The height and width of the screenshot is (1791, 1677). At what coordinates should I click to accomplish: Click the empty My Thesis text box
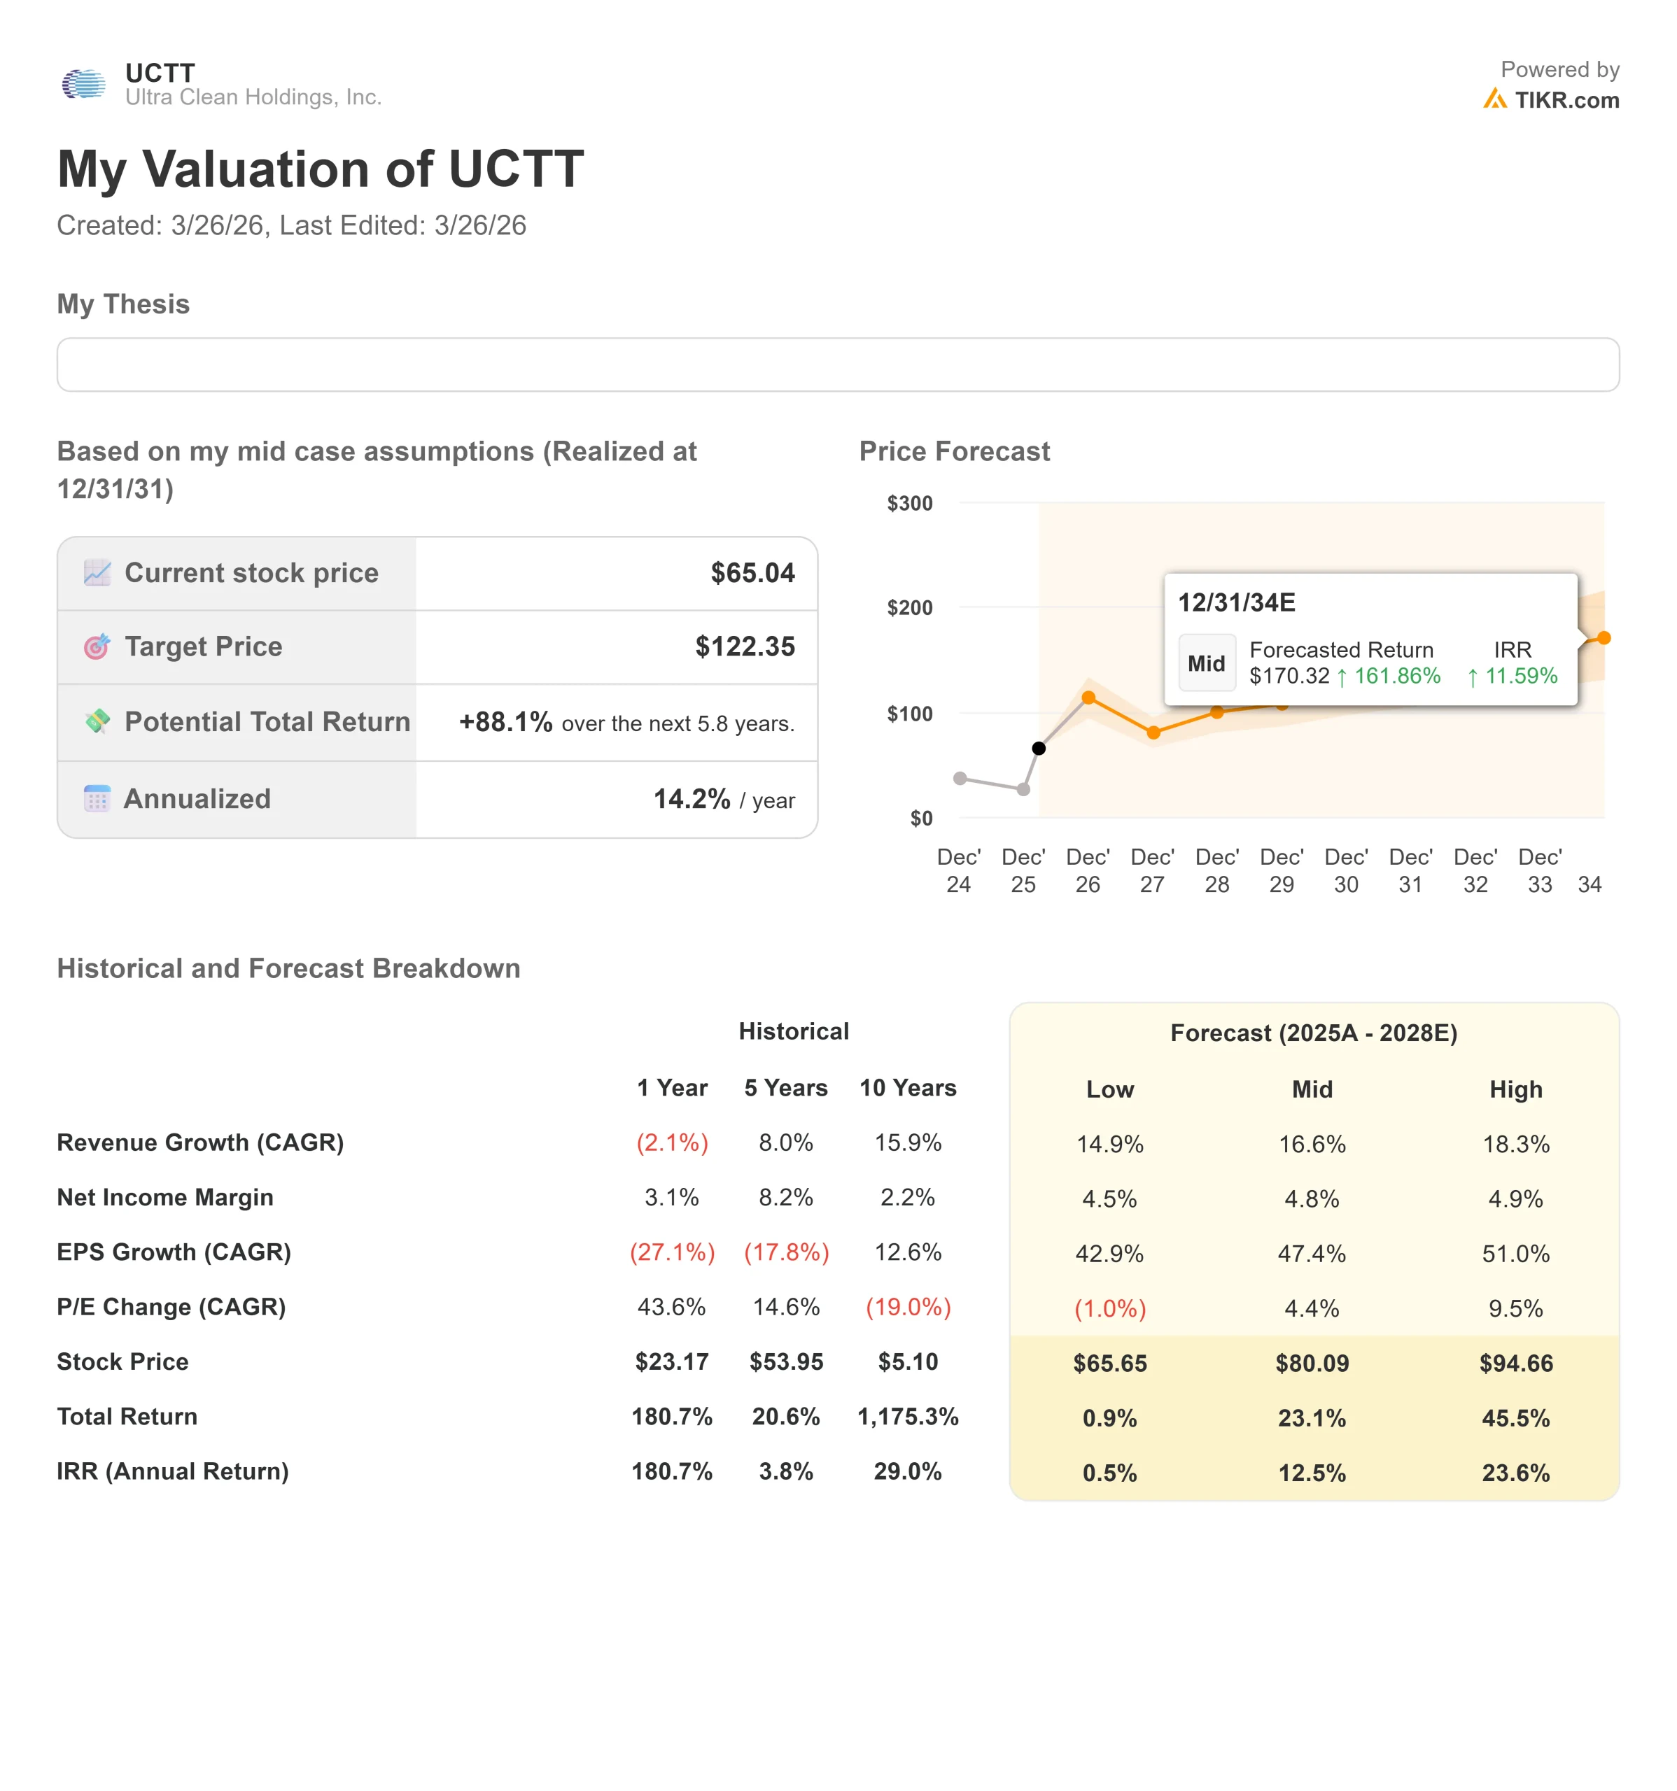click(x=837, y=365)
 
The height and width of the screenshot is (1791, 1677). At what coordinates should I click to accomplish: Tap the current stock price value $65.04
click(x=752, y=573)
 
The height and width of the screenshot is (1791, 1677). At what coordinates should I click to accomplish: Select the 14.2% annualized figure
click(x=691, y=799)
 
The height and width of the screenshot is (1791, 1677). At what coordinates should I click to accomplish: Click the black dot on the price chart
click(x=1039, y=749)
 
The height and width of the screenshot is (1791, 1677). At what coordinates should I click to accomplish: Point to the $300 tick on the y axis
click(x=909, y=504)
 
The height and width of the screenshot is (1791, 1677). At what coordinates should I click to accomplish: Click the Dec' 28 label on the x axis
click(x=1216, y=870)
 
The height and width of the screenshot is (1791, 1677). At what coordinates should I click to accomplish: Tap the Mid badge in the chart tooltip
click(x=1206, y=664)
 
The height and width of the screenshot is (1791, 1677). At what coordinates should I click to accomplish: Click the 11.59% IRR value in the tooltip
click(x=1520, y=676)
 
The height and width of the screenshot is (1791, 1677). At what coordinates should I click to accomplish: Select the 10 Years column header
click(x=907, y=1089)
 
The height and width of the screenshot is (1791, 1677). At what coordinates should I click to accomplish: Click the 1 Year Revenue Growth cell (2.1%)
click(x=672, y=1143)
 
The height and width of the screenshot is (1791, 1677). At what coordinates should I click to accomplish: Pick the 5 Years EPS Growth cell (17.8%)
click(x=786, y=1252)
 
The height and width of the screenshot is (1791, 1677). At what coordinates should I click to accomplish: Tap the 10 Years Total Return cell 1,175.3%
click(x=907, y=1417)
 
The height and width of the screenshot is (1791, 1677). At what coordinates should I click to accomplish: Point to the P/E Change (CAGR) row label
click(x=171, y=1307)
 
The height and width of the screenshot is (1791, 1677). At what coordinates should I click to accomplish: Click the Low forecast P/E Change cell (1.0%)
click(x=1109, y=1308)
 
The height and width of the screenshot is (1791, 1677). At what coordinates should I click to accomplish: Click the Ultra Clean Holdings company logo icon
click(x=84, y=85)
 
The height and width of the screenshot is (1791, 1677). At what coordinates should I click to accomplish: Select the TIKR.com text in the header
click(x=1566, y=100)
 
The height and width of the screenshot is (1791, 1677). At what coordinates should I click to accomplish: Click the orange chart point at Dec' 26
click(x=1088, y=698)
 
